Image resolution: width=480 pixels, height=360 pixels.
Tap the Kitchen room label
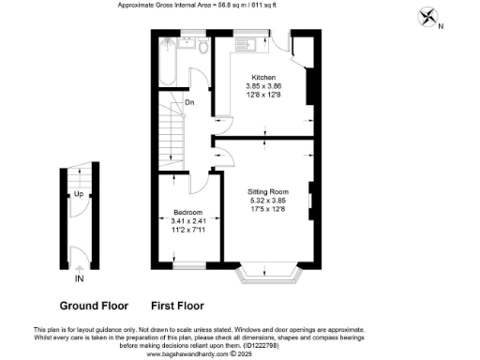tap(262, 76)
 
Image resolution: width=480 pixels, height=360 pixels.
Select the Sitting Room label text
tap(268, 190)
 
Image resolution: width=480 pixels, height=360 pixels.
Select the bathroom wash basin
tap(201, 44)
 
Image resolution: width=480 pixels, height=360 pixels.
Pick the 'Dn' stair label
tap(188, 101)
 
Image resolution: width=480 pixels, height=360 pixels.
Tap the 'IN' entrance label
tap(79, 278)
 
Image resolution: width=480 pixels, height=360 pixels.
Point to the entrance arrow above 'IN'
tap(79, 266)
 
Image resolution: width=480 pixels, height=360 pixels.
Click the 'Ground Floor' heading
tap(93, 306)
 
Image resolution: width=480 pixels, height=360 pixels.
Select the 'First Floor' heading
tap(177, 306)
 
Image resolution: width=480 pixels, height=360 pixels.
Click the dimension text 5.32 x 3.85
tap(268, 199)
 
